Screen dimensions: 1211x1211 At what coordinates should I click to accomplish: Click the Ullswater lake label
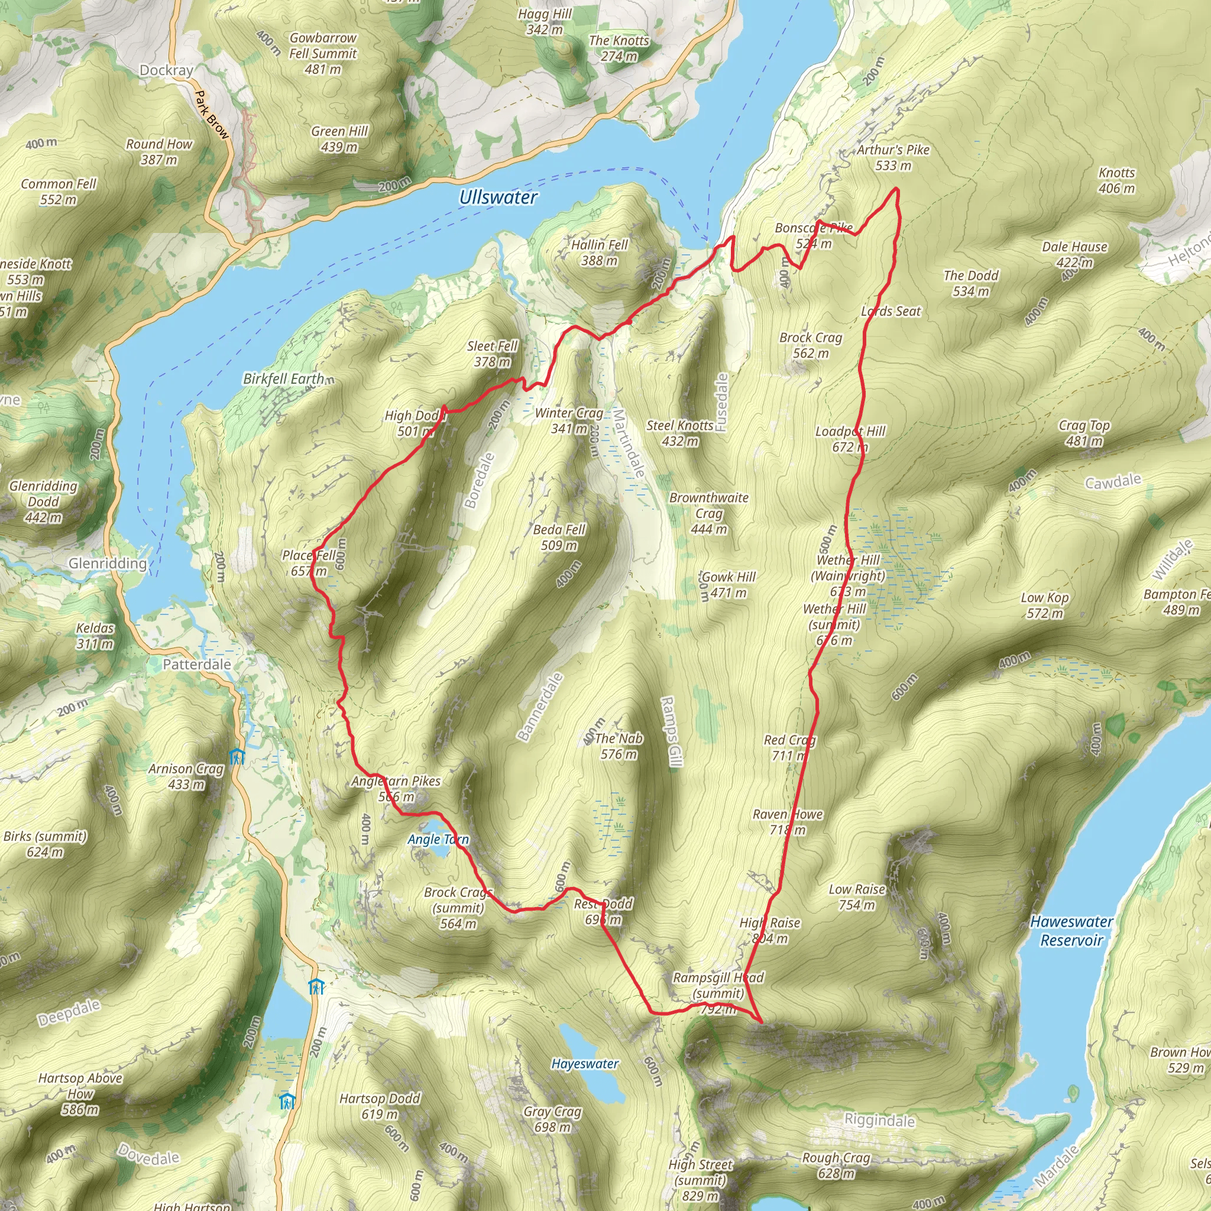(498, 197)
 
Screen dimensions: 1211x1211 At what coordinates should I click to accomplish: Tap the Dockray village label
(166, 70)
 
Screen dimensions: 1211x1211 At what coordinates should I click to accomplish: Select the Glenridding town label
(107, 564)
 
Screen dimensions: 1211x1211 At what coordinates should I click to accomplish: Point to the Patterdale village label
(197, 665)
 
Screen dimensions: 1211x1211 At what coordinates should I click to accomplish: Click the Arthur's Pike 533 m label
(893, 157)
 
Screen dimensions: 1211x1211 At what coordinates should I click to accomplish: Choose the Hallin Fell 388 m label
(599, 252)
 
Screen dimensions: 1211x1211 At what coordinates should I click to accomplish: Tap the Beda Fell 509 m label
(559, 537)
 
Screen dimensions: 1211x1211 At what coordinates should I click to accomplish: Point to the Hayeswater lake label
(585, 1064)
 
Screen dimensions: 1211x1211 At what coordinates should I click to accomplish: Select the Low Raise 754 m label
(857, 897)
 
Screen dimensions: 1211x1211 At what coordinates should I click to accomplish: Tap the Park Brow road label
(211, 115)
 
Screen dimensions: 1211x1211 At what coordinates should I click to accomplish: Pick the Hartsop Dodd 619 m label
(380, 1106)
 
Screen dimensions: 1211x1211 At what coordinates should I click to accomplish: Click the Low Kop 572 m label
(1044, 605)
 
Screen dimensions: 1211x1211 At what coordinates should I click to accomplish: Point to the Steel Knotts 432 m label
(680, 433)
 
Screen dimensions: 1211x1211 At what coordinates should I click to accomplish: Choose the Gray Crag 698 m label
(553, 1119)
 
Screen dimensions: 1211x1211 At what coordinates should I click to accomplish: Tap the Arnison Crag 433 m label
(186, 776)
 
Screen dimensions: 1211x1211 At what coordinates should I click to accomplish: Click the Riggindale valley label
(879, 1120)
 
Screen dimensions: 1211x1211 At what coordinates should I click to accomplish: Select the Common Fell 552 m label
(59, 192)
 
